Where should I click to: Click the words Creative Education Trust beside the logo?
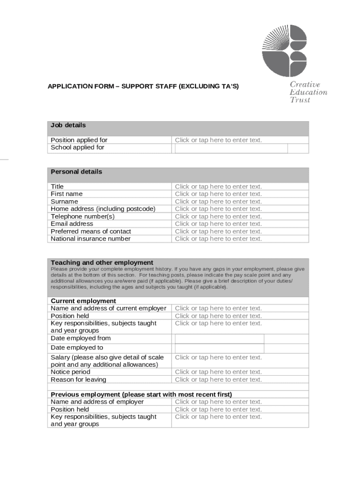click(x=308, y=92)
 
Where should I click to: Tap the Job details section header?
click(x=68, y=125)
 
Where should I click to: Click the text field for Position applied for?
click(x=218, y=140)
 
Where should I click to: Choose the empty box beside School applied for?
click(x=231, y=148)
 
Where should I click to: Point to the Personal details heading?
click(x=76, y=172)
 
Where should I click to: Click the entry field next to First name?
click(x=218, y=194)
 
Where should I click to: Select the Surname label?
click(x=65, y=202)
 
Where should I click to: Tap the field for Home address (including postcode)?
click(x=218, y=209)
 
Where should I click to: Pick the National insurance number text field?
click(x=218, y=239)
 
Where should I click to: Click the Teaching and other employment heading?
click(x=102, y=262)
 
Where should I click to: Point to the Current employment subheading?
click(x=83, y=301)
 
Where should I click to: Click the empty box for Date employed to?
click(x=219, y=348)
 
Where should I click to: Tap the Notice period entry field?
click(x=218, y=372)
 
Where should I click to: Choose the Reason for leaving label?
click(x=79, y=379)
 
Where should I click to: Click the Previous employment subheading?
click(x=141, y=394)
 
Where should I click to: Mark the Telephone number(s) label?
click(x=83, y=217)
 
